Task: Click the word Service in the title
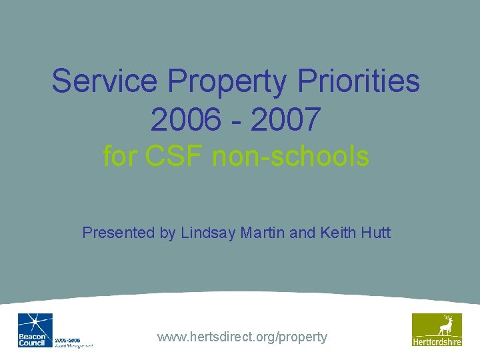[x=105, y=81]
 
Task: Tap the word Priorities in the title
[x=359, y=81]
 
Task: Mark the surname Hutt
[x=376, y=233]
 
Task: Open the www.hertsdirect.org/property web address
[x=242, y=337]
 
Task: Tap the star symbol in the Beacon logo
[x=37, y=323]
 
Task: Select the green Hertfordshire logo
[x=437, y=329]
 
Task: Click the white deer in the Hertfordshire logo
[x=443, y=325]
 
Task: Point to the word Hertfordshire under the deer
[x=437, y=342]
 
